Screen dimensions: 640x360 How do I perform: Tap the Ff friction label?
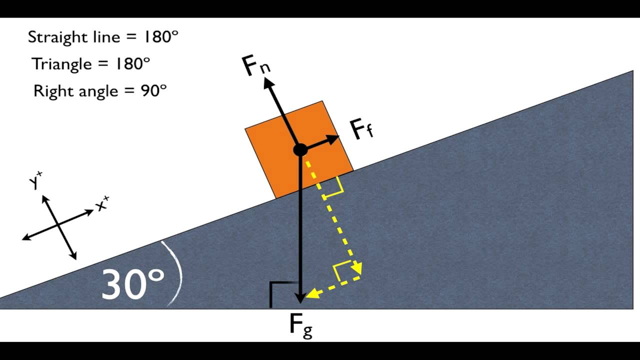[361, 130]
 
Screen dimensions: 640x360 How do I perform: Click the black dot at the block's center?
[300, 149]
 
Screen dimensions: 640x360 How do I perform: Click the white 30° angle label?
[132, 283]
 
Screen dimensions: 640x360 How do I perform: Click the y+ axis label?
[36, 181]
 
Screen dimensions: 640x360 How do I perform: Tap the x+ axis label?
[102, 204]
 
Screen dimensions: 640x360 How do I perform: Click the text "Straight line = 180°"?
[103, 37]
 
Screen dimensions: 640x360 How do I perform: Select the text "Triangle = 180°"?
[90, 64]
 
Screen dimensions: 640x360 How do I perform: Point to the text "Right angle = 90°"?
[99, 91]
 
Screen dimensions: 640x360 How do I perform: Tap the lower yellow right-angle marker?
[344, 273]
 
